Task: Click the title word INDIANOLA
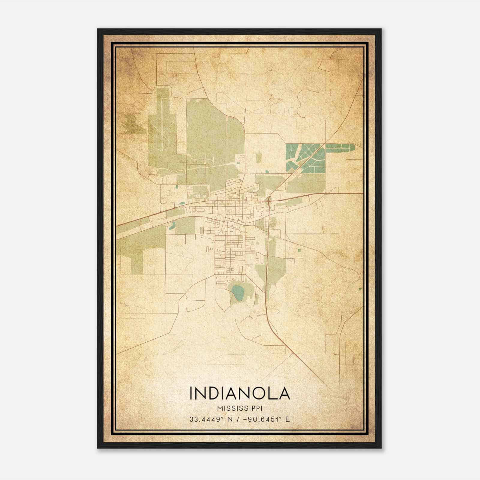240,393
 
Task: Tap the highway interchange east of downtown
269,200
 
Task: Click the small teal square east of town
299,250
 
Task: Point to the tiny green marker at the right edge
360,289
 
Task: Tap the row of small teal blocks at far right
340,147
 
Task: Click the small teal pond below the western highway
172,226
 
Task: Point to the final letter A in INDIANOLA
284,393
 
